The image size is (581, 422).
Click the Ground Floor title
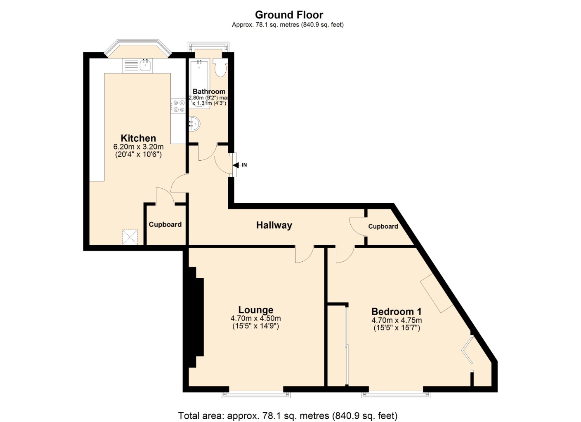pyautogui.click(x=289, y=15)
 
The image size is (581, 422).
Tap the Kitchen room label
pyautogui.click(x=138, y=138)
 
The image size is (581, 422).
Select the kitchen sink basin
pyautogui.click(x=145, y=65)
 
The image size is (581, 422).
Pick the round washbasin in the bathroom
pyautogui.click(x=194, y=124)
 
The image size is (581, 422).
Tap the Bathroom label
pyautogui.click(x=209, y=91)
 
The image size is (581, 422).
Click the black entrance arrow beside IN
pyautogui.click(x=236, y=165)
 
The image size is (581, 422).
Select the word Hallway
pyautogui.click(x=274, y=225)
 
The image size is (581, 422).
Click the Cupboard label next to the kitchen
pyautogui.click(x=165, y=224)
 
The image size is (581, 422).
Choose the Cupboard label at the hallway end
pyautogui.click(x=383, y=226)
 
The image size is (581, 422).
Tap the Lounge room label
pyautogui.click(x=256, y=310)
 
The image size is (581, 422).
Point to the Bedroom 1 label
pyautogui.click(x=397, y=312)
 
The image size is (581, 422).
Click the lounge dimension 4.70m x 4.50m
pyautogui.click(x=256, y=318)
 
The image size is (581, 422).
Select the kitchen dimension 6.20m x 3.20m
pyautogui.click(x=138, y=147)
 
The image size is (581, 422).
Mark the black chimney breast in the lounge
pyautogui.click(x=194, y=317)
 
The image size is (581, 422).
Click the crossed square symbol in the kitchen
pyautogui.click(x=130, y=237)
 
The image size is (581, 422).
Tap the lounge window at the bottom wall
pyautogui.click(x=256, y=394)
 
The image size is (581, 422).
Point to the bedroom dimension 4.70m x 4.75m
pyautogui.click(x=397, y=320)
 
